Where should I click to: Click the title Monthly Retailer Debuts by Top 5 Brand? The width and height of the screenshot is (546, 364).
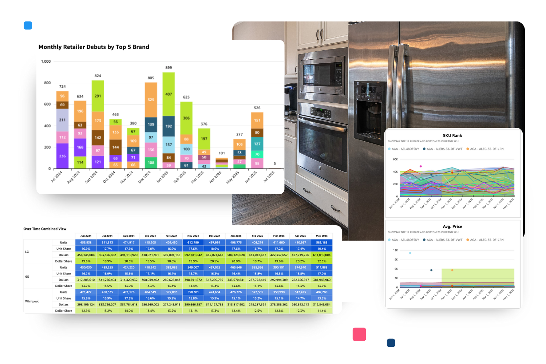pos(94,47)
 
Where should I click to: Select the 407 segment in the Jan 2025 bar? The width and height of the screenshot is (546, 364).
pos(169,94)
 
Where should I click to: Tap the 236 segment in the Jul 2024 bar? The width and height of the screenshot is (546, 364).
pos(62,156)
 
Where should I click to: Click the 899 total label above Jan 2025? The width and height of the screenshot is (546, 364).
pos(169,68)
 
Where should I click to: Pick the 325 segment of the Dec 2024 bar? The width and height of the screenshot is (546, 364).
pos(151,100)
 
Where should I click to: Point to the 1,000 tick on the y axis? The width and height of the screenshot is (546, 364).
pos(46,62)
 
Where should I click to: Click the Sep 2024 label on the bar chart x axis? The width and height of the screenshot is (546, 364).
pos(91,177)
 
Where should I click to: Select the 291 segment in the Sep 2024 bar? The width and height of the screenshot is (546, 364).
pos(98,96)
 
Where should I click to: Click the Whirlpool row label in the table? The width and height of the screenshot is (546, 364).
pos(32,301)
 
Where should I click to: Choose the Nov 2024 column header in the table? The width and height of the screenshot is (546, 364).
pos(193,236)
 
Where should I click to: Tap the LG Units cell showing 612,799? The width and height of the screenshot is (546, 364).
pos(193,242)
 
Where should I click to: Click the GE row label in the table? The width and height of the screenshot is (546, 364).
pos(27,277)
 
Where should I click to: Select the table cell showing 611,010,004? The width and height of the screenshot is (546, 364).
pos(322,255)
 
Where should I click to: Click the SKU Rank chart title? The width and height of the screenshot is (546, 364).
pos(452,136)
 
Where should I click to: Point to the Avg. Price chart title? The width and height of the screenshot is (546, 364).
pos(452,227)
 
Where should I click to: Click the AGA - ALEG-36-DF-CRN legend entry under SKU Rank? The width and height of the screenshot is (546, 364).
pos(486,149)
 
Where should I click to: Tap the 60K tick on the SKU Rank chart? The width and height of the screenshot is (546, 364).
pos(395,159)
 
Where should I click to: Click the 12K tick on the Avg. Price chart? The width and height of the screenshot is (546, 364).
pos(395,250)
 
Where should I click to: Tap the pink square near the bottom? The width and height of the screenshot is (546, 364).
pos(359,334)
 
